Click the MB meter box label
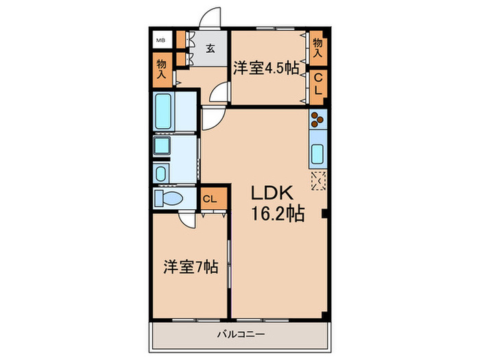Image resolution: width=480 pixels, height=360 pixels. pos(160,40)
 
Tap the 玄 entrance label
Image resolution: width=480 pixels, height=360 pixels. pos(211,49)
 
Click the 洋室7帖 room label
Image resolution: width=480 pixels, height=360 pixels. pos(191,267)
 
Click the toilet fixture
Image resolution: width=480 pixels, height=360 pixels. pos(167,199)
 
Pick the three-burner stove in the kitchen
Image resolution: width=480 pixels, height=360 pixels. pos(317,120)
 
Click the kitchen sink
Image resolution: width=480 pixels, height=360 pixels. pos(318,155)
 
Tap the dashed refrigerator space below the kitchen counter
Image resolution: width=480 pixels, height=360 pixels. pos(319,180)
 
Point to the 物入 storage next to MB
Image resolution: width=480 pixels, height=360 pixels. pos(162,68)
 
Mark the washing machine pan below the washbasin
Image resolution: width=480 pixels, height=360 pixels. pos(163,172)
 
